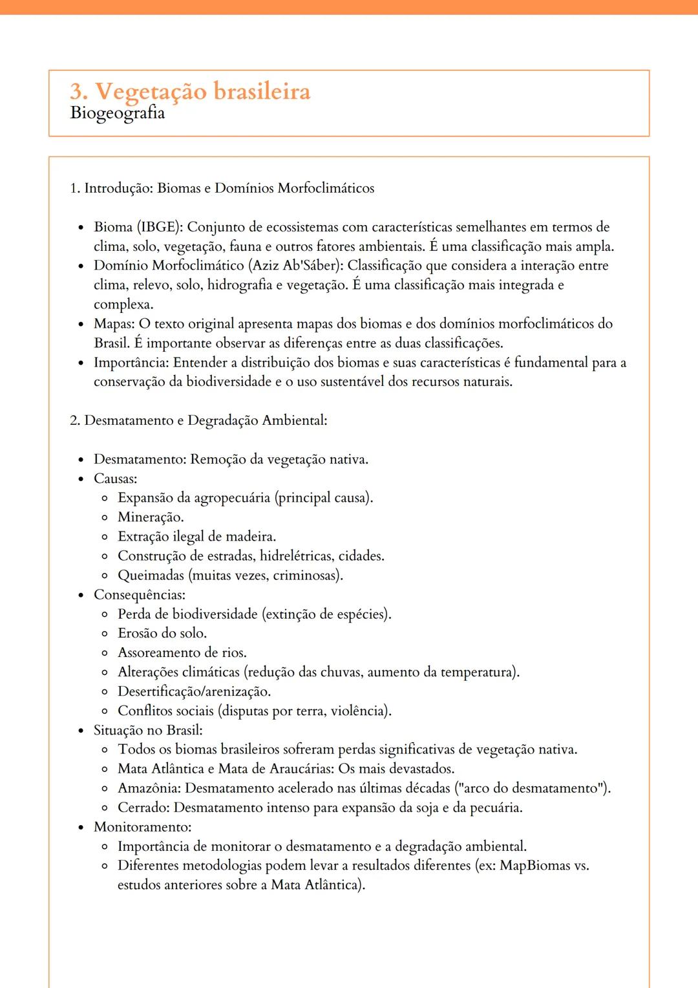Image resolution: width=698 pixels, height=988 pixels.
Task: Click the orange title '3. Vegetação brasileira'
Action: (190, 92)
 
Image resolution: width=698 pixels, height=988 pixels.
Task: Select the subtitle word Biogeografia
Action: (117, 113)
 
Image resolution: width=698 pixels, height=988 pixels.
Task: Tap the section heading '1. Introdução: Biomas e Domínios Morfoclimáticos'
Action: (222, 188)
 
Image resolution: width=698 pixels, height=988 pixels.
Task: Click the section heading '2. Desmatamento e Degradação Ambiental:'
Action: (198, 421)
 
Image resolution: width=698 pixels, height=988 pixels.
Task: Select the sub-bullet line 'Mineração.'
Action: (151, 517)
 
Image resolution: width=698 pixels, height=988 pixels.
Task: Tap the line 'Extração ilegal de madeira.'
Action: (196, 537)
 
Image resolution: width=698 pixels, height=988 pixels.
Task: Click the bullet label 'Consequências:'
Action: (140, 595)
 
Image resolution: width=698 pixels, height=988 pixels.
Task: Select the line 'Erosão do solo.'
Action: (162, 634)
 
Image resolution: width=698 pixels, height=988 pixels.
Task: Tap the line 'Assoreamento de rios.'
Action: (182, 653)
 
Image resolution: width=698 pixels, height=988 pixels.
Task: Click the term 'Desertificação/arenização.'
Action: (194, 692)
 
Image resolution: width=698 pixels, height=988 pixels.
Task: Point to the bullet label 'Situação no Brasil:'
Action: (148, 731)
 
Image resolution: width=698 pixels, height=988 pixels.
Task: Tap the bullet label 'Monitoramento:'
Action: (142, 827)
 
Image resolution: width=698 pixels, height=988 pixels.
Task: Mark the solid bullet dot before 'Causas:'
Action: (81, 479)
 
